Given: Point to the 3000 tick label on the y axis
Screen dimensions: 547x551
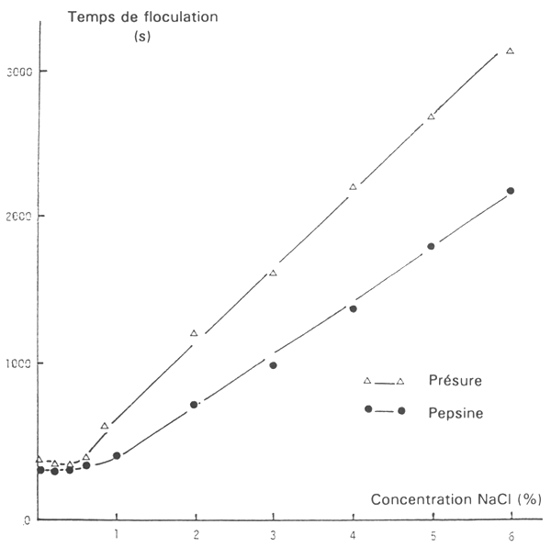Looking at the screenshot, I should [21, 72].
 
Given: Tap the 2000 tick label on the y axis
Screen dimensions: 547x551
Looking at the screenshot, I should [21, 217].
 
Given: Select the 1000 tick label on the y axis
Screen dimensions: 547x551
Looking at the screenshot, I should [21, 363].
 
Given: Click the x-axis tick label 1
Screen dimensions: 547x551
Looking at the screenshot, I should [117, 532].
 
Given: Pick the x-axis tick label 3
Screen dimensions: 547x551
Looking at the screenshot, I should [274, 532].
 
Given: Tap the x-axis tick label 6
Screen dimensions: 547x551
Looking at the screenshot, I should [511, 532].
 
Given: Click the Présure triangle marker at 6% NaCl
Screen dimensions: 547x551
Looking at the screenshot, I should [510, 51].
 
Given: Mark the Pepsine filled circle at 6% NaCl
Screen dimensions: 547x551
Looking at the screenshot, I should [511, 191].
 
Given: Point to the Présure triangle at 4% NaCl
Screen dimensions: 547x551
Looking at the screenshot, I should [353, 187].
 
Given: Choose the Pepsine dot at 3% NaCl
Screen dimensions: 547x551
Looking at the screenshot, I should [274, 365].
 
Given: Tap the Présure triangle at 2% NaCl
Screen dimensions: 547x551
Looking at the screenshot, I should [194, 333].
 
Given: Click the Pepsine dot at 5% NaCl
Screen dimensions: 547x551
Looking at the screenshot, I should [431, 246].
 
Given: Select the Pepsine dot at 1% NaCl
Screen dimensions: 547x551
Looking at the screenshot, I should [117, 455].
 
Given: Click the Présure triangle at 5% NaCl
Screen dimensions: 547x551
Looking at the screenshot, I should [431, 117].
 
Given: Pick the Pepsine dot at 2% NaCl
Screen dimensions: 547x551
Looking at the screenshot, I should [194, 405].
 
